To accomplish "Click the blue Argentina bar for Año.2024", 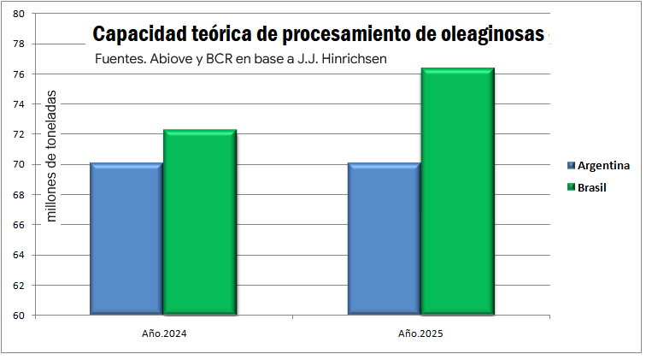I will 126,239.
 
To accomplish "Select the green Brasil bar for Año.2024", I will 200,222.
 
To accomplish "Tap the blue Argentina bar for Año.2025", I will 384,239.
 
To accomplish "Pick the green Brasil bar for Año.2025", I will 457,192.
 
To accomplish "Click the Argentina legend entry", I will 603,165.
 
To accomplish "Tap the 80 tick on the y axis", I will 19,15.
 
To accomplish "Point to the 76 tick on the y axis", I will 19,74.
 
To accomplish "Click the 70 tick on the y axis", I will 19,165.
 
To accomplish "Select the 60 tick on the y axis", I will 19,316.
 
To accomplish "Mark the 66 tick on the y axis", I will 19,225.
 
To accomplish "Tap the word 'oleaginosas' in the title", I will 497,35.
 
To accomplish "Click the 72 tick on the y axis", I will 19,135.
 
